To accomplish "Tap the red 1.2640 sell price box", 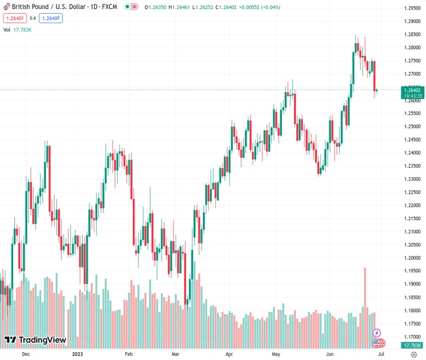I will tap(13, 18).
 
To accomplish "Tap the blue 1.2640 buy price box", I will tap(51, 18).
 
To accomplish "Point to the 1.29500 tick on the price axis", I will tap(412, 8).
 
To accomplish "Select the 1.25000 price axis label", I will tap(412, 127).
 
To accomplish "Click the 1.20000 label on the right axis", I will tap(412, 258).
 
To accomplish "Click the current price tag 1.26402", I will tap(412, 90).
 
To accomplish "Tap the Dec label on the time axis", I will tap(25, 355).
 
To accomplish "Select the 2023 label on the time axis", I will tap(77, 355).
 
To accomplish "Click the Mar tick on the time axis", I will tap(175, 355).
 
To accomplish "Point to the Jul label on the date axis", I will tap(380, 355).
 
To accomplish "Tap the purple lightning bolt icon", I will tap(377, 332).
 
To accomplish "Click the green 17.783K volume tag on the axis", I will tap(412, 345).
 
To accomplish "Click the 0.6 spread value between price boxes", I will tap(32, 18).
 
